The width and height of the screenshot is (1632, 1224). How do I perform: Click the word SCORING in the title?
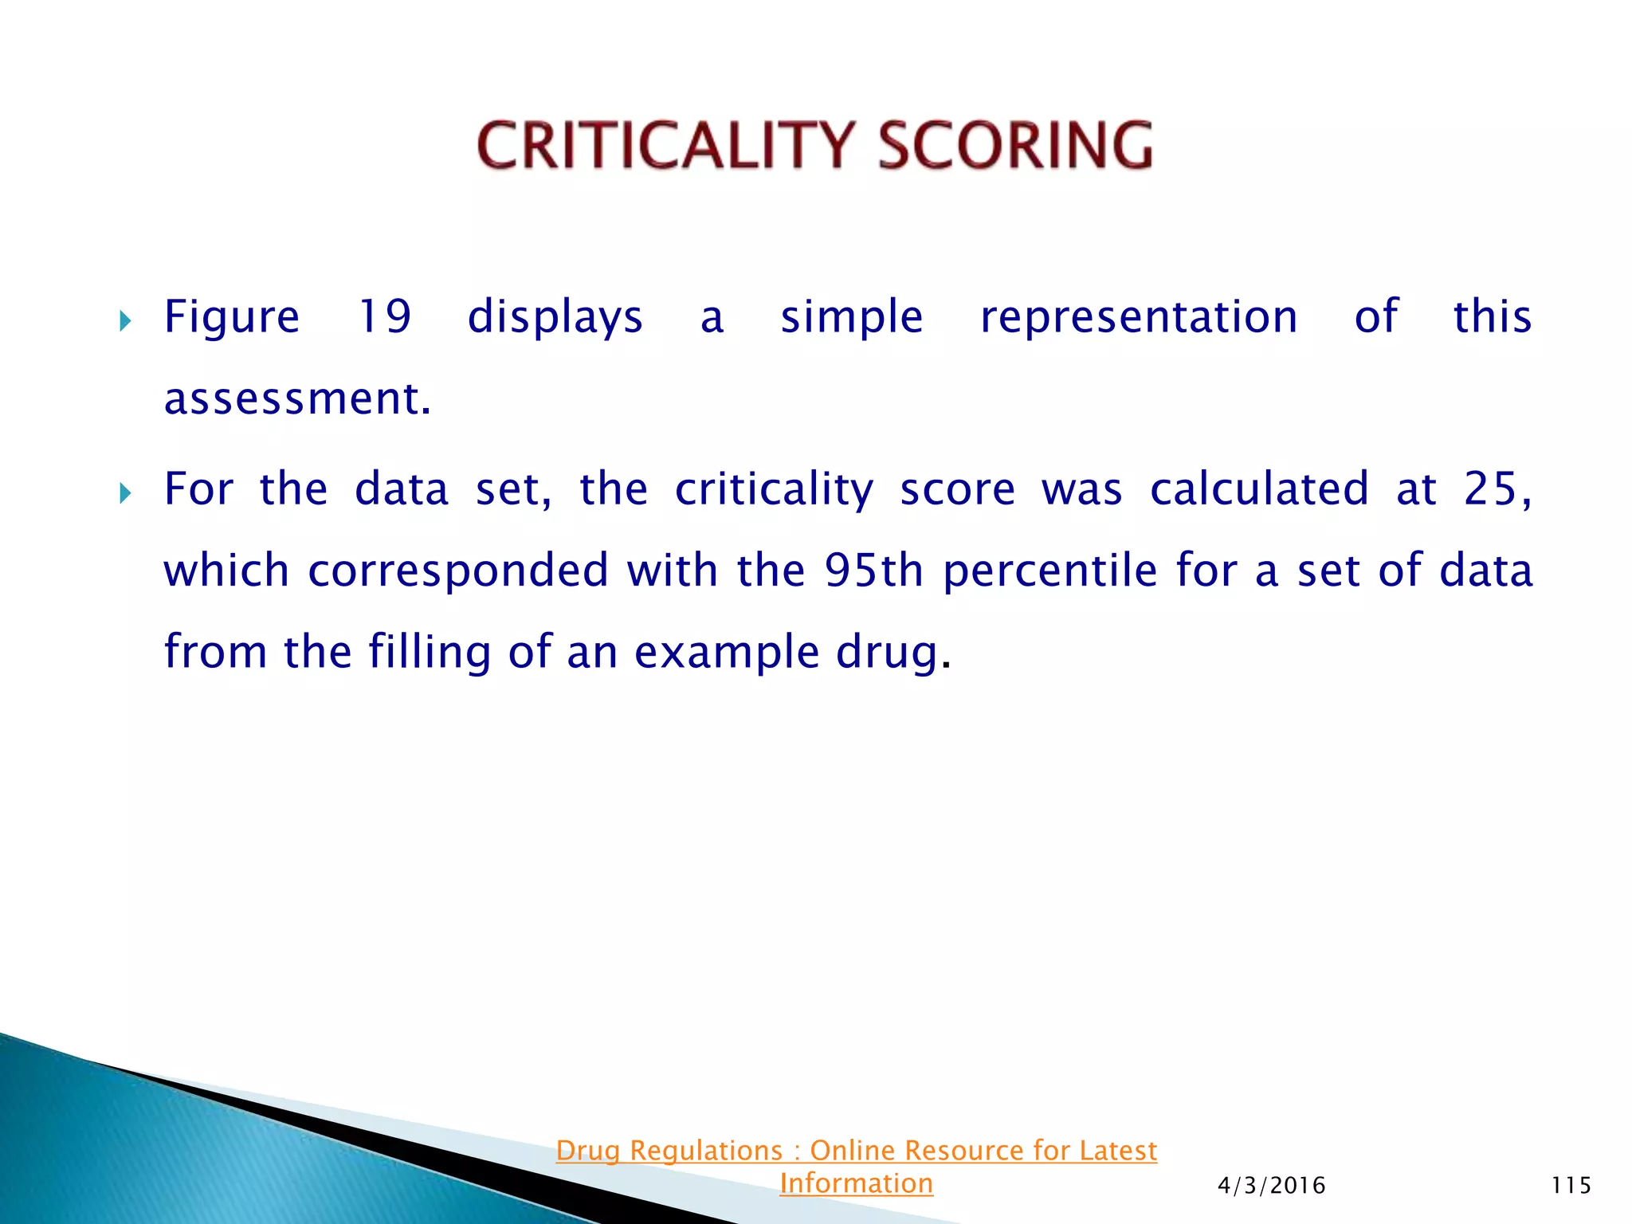[1015, 146]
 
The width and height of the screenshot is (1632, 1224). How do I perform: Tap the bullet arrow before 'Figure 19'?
[124, 322]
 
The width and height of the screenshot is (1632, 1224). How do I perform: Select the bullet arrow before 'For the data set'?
[124, 494]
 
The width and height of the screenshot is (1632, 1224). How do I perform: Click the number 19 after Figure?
[384, 316]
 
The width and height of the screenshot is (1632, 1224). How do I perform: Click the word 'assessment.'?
[297, 398]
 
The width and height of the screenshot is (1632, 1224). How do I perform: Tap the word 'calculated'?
[1259, 488]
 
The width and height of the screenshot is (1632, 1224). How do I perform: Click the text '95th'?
[873, 571]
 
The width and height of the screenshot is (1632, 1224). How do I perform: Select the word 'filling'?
[430, 653]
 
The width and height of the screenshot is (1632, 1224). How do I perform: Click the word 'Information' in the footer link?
[856, 1183]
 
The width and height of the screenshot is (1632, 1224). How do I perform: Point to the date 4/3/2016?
[1271, 1186]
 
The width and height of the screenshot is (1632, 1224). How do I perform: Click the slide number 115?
[1571, 1186]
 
